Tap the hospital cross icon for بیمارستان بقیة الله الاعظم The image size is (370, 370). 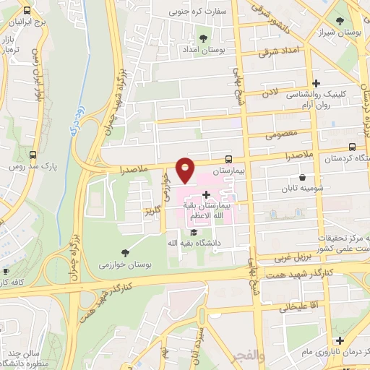(206, 194)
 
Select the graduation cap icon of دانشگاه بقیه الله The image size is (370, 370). (193, 232)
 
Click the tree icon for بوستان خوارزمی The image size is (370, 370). (126, 252)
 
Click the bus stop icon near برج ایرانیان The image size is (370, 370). (27, 11)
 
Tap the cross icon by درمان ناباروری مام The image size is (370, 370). (340, 340)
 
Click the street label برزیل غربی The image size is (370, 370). (292, 257)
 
